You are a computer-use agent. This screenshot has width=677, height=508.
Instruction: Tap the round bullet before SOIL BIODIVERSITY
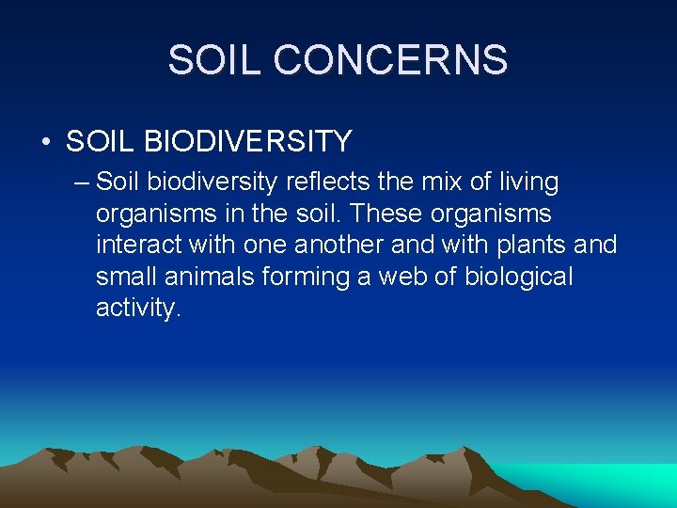point(45,142)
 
